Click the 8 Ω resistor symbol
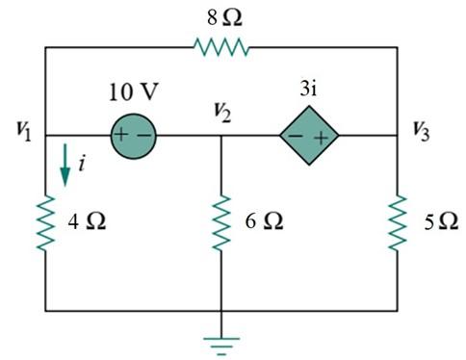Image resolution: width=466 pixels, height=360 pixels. (x=221, y=46)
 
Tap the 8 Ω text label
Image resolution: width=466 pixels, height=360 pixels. (x=220, y=15)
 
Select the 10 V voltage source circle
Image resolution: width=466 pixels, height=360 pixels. (x=133, y=136)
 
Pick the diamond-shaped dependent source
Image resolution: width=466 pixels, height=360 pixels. (x=309, y=136)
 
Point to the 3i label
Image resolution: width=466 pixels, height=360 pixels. (x=310, y=94)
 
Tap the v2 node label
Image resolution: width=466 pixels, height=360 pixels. (x=223, y=114)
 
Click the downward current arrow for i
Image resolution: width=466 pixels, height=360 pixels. (x=65, y=167)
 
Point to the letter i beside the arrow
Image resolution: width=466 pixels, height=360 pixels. (x=82, y=165)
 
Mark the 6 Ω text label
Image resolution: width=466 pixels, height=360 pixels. (x=265, y=221)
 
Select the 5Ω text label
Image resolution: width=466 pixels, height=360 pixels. (x=440, y=221)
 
